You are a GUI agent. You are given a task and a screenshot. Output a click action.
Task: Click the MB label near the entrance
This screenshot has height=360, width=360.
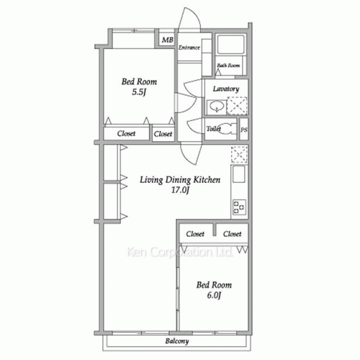coord(167,40)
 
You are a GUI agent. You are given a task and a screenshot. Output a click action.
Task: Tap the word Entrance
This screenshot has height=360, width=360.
coord(189,48)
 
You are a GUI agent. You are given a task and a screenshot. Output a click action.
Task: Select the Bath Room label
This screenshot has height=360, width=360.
coord(228,66)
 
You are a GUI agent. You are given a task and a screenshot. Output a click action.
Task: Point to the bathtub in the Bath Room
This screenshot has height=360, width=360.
coord(231,45)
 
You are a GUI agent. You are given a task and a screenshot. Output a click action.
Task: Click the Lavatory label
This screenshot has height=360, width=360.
coord(226,89)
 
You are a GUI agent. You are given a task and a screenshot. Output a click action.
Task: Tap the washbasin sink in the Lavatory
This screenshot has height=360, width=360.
coord(217,107)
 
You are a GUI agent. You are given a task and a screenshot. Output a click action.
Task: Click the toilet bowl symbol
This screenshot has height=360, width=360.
coord(225,129)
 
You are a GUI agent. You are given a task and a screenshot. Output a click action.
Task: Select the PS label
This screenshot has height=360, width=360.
coord(244,130)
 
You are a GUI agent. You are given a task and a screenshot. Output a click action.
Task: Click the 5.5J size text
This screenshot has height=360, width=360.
coord(139,92)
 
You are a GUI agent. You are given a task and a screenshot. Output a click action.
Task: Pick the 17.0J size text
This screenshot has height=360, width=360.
coord(180,190)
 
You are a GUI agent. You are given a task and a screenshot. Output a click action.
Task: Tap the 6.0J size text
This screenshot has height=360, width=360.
coord(214,295)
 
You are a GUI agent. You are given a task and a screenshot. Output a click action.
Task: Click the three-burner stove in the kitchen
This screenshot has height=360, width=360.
coord(239,207)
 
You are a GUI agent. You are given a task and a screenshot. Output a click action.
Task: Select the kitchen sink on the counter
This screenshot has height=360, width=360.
coord(239,174)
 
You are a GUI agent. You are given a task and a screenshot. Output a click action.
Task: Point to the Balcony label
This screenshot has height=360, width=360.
coord(177,341)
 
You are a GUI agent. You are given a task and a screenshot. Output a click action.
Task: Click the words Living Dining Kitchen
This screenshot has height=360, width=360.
coord(180,180)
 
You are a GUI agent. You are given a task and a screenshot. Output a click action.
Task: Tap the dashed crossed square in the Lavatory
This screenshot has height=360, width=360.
coord(237,105)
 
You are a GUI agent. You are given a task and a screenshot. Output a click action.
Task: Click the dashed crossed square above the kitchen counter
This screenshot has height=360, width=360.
coord(239,154)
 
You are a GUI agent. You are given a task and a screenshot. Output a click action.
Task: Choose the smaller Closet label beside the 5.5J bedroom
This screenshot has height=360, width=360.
coord(163,134)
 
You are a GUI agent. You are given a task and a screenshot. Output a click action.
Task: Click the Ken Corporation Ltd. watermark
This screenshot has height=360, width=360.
coord(179,252)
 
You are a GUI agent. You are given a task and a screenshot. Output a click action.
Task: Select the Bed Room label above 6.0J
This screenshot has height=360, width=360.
coord(214,285)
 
